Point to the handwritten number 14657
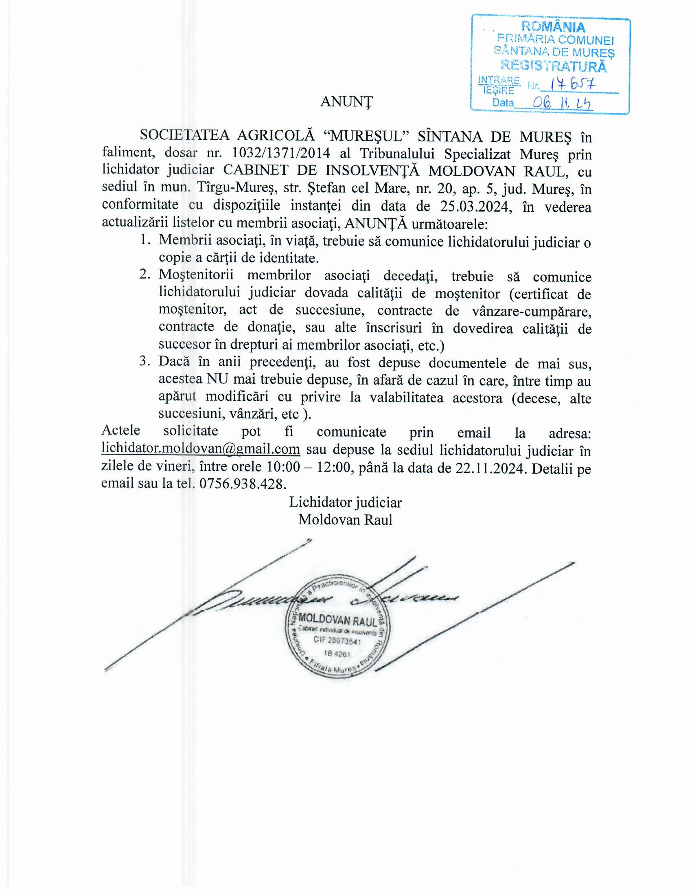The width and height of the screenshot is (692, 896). click(x=574, y=85)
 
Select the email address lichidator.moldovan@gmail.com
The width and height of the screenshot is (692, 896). click(x=200, y=449)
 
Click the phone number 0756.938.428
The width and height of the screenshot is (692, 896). click(x=242, y=484)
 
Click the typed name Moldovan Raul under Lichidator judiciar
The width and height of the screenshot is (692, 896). click(x=345, y=519)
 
